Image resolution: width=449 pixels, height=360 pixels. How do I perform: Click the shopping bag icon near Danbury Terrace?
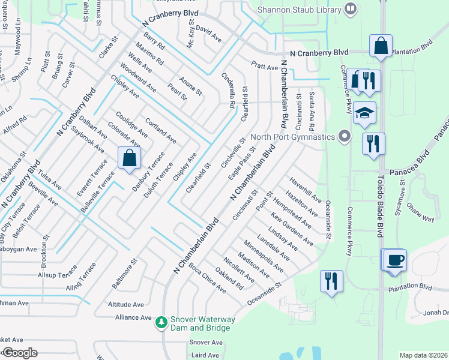click(129, 159)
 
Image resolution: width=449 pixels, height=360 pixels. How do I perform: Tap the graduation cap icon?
click(364, 113)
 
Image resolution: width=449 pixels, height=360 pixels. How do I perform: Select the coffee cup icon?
click(396, 260)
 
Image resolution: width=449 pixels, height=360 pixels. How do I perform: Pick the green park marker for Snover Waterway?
click(161, 323)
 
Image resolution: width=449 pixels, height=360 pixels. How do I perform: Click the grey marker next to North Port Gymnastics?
click(344, 137)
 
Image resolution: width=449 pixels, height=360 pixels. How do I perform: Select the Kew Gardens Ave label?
click(292, 229)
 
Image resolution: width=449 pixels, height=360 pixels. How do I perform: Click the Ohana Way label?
click(421, 214)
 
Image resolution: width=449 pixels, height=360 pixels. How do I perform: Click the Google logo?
click(20, 353)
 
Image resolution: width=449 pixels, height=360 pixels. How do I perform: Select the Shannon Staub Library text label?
click(298, 9)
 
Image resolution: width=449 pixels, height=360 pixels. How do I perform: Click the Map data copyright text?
click(423, 355)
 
